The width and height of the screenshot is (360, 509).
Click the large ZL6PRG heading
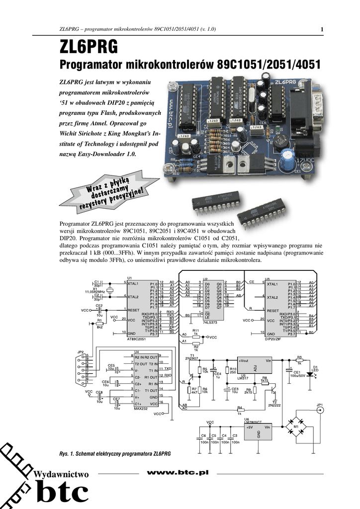click(89, 47)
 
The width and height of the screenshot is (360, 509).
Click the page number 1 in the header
click(322, 29)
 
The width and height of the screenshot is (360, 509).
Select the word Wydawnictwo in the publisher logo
click(60, 474)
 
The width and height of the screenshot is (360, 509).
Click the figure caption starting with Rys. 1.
click(115, 454)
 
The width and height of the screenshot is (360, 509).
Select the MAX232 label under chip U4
click(141, 408)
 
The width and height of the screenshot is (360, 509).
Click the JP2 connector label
click(80, 352)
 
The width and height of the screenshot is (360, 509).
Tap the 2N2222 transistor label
click(274, 406)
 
